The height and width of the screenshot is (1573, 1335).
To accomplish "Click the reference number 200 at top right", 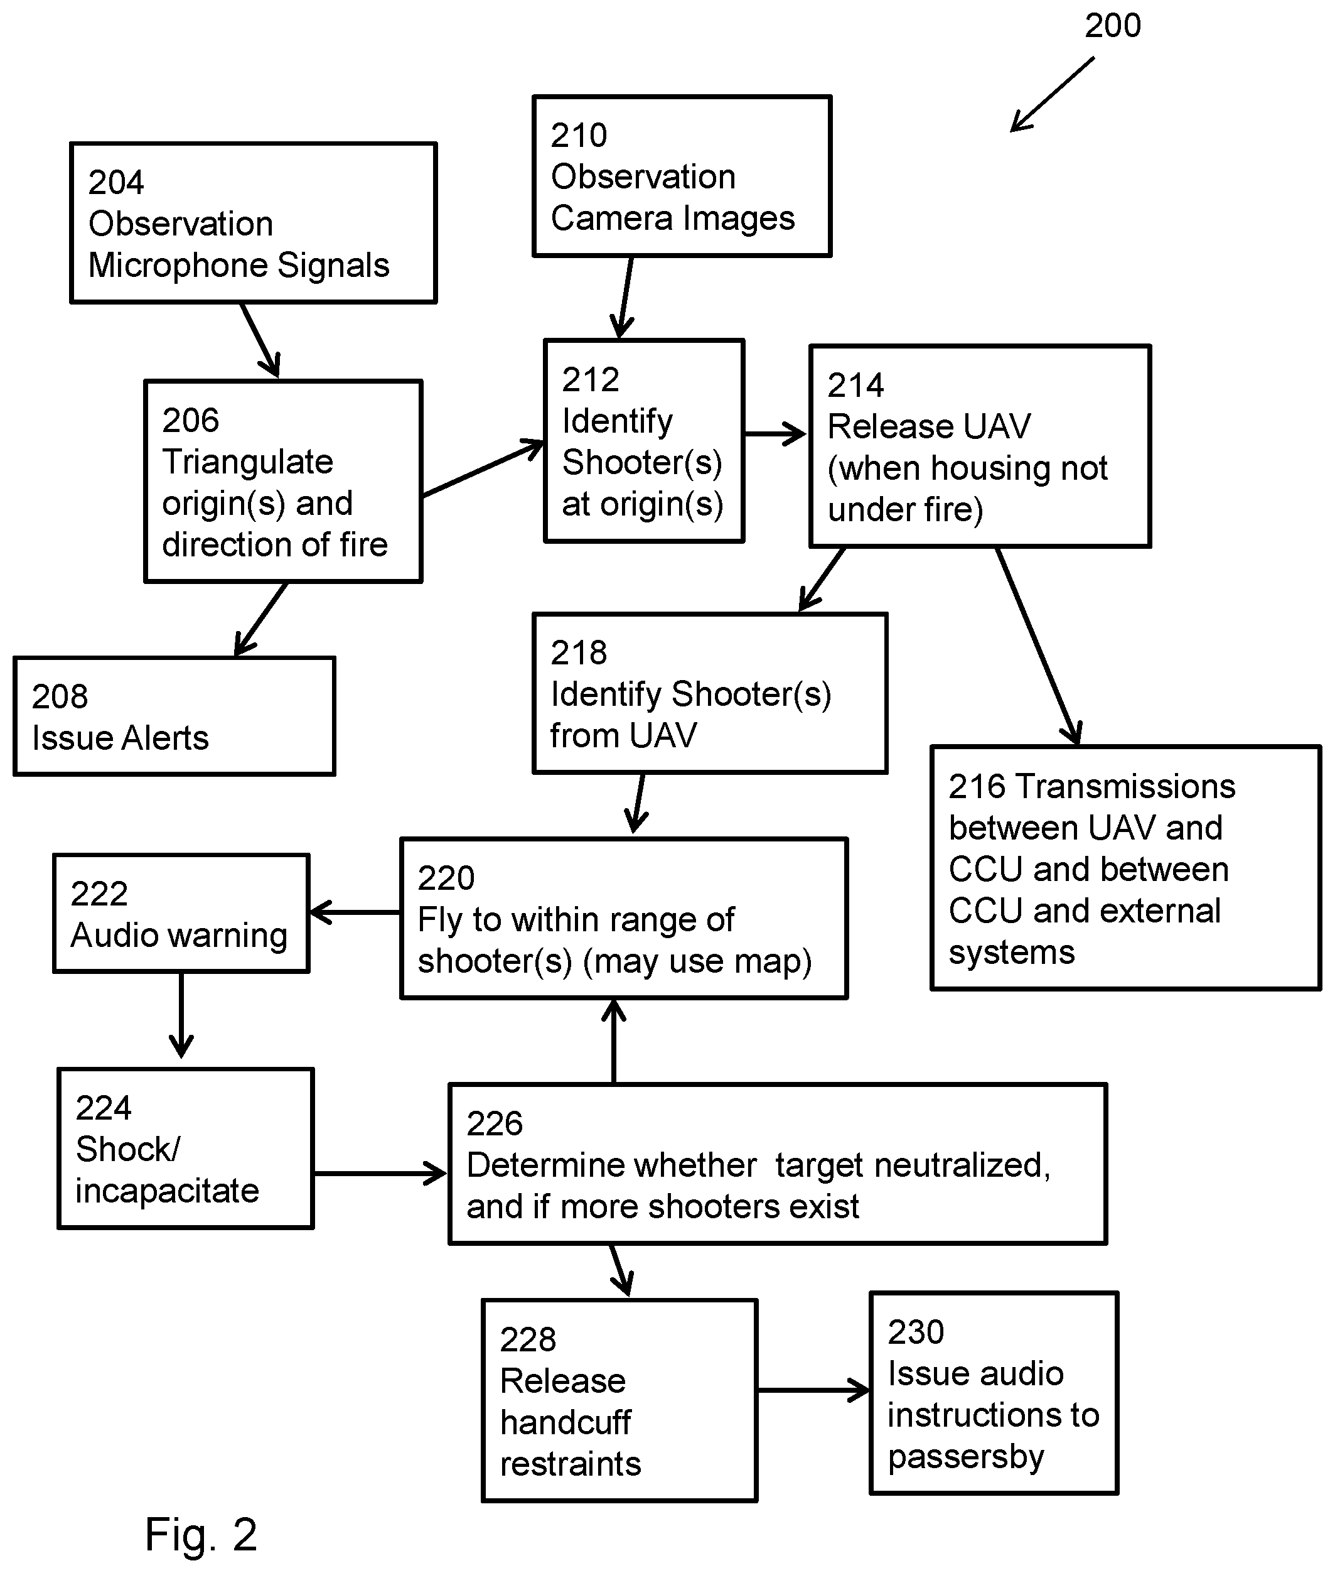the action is (x=1112, y=26).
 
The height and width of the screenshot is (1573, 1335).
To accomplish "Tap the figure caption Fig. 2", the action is (x=201, y=1535).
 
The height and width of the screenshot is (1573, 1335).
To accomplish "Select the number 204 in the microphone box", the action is (x=115, y=183).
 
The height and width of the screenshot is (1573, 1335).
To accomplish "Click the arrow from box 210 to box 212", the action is (x=625, y=298).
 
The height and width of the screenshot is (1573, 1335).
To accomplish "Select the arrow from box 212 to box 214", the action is (x=776, y=435).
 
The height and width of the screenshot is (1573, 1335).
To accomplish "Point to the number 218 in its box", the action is (x=579, y=652).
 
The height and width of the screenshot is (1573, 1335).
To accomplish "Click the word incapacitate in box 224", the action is (x=167, y=1191).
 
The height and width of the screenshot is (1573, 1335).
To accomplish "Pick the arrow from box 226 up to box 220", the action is (x=614, y=1042).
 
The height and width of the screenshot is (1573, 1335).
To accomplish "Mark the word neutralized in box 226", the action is (x=962, y=1165).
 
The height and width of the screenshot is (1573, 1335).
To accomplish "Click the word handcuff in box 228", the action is (x=566, y=1422).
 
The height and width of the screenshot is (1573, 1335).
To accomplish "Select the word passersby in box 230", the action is (x=967, y=1457).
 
